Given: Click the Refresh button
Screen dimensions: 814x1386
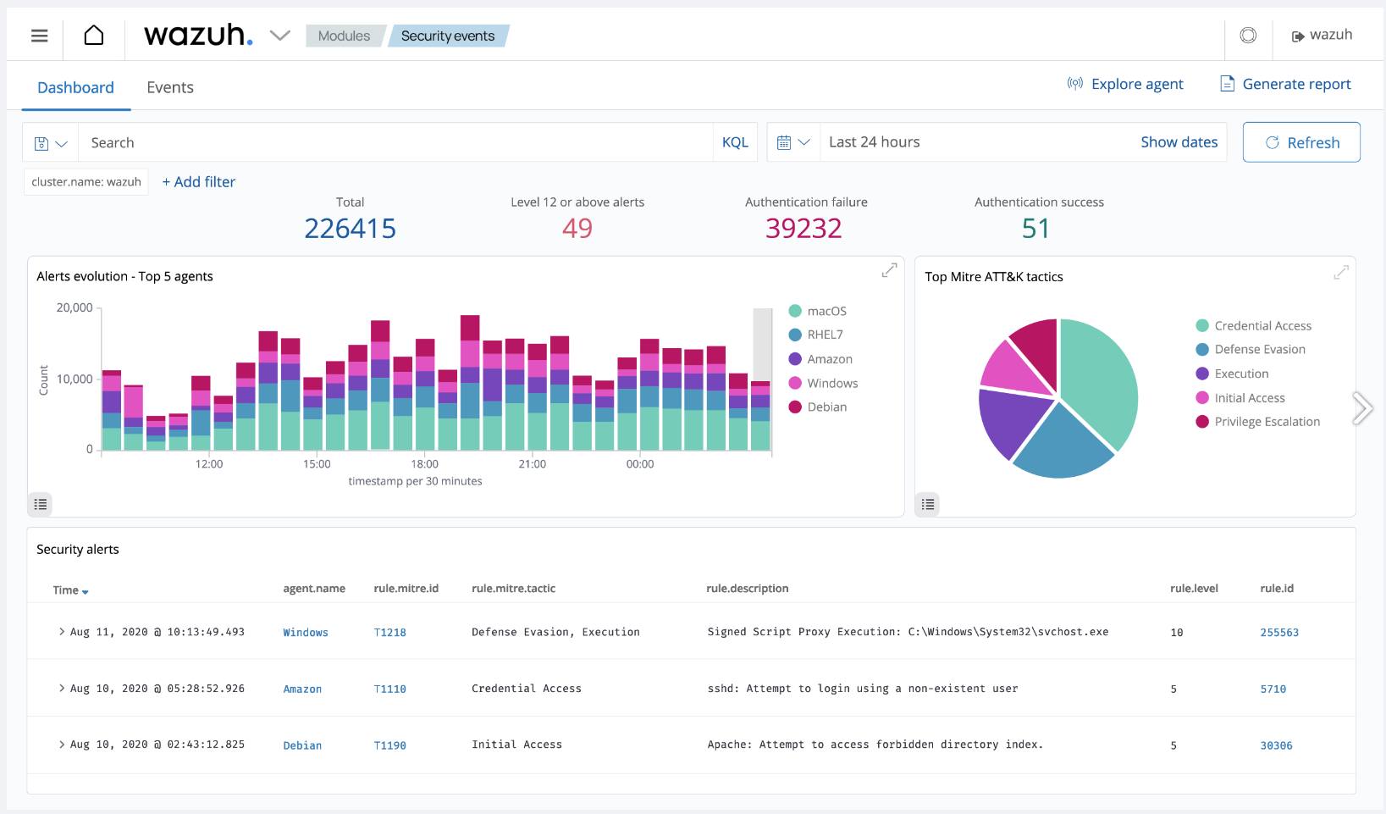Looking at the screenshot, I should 1301,142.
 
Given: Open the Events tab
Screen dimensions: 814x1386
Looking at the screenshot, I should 169,87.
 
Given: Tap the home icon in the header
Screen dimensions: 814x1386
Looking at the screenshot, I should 94,36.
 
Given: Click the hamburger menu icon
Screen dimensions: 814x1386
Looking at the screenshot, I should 39,36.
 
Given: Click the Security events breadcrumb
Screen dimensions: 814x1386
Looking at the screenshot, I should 447,36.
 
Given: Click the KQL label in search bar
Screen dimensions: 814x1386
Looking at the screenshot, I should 734,142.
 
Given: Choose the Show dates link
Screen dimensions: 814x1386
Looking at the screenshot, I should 1179,142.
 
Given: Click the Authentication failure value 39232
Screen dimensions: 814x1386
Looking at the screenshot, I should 803,229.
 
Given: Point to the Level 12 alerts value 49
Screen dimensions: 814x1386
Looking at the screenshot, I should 577,229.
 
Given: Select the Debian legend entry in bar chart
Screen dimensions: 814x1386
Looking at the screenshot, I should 826,407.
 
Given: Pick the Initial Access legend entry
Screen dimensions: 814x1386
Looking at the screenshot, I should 1249,398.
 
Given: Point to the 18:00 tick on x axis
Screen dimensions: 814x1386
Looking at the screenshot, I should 424,463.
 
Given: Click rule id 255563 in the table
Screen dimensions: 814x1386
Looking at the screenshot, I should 1278,633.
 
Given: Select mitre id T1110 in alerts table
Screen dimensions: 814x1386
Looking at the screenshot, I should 389,689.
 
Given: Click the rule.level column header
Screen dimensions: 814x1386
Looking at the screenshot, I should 1194,588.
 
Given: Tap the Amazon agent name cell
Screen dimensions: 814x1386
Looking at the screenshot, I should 302,689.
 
